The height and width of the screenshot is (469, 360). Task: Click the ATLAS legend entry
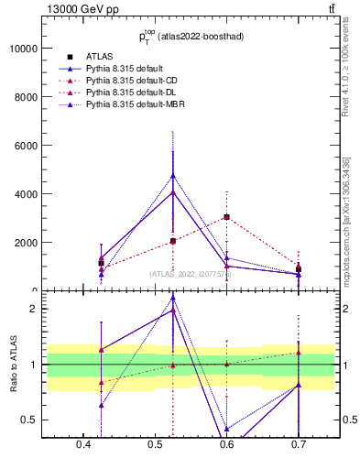pyautogui.click(x=99, y=56)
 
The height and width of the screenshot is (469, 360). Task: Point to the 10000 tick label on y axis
pyautogui.click(x=22, y=49)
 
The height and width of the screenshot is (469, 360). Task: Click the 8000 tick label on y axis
pyautogui.click(x=25, y=97)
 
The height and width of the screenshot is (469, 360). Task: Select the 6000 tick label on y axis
pyautogui.click(x=25, y=146)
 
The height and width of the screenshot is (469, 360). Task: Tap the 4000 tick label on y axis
pyautogui.click(x=25, y=194)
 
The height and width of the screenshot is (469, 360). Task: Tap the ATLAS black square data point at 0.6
pyautogui.click(x=226, y=217)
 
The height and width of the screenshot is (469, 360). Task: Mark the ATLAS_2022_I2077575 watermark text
pyautogui.click(x=191, y=274)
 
